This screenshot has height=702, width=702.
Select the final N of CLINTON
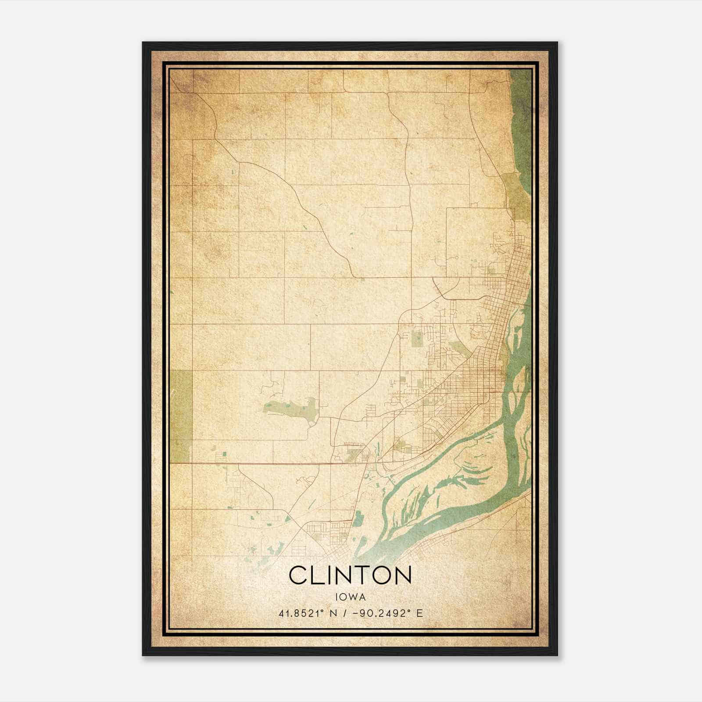pyautogui.click(x=402, y=575)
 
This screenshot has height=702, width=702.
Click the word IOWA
pyautogui.click(x=350, y=597)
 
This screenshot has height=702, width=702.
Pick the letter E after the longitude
pyautogui.click(x=420, y=613)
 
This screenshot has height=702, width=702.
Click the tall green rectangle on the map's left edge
pyautogui.click(x=181, y=416)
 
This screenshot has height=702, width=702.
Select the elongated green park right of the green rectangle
pyautogui.click(x=290, y=409)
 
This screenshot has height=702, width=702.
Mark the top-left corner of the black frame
pyautogui.click(x=143, y=43)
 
